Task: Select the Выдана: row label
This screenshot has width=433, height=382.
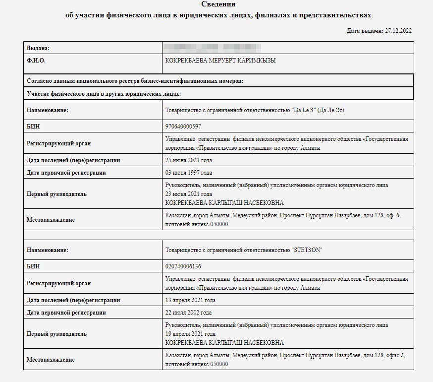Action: coord(38,48)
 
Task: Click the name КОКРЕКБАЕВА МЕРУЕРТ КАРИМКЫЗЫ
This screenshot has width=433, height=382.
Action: coord(220,61)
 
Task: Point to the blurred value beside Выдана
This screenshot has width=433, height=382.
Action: coord(213,48)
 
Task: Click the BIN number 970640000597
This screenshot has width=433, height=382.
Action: coord(183,127)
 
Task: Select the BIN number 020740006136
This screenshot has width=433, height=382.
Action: coord(183,266)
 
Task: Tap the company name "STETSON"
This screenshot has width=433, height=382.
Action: coord(307,250)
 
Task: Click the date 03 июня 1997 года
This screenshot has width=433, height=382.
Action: coord(188,173)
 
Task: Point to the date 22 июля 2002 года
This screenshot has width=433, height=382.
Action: coord(188,313)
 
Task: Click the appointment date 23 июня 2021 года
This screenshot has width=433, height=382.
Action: coord(188,194)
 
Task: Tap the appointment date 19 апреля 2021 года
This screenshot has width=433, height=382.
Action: coord(190,334)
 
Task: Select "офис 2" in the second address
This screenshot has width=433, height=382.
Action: coord(391,356)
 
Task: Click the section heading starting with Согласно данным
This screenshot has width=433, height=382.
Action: coord(134,80)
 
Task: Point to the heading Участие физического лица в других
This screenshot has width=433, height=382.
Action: coord(104,93)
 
